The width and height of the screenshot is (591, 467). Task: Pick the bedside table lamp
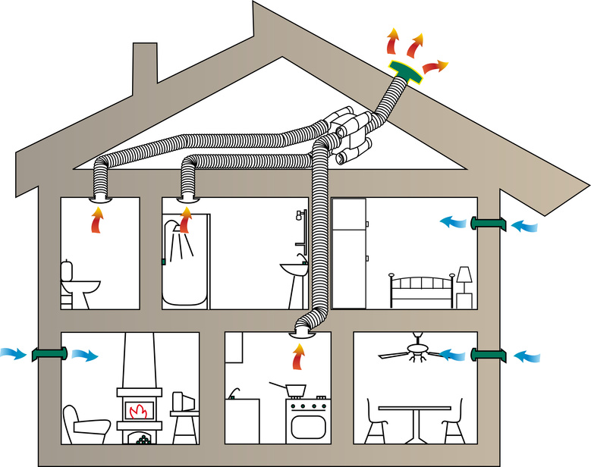pyautogui.click(x=464, y=274)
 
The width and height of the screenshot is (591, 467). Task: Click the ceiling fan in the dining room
pyautogui.click(x=417, y=350)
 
